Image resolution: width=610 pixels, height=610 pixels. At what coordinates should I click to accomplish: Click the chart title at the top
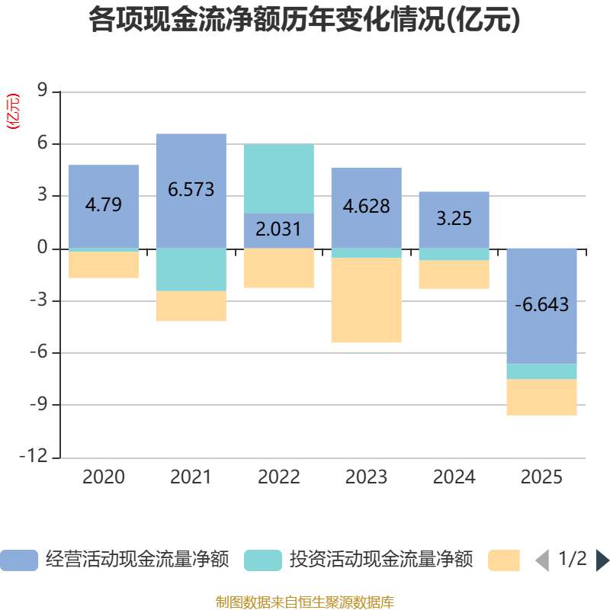(x=304, y=21)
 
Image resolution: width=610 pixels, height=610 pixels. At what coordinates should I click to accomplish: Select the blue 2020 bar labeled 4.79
(x=104, y=183)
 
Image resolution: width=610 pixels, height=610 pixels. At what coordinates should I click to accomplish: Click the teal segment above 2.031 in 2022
(x=279, y=178)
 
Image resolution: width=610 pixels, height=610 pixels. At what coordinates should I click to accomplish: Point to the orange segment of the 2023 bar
(x=367, y=300)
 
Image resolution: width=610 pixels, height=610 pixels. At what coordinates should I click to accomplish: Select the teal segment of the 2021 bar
(x=191, y=270)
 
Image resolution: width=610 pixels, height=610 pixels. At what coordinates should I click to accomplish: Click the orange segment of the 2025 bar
(x=542, y=397)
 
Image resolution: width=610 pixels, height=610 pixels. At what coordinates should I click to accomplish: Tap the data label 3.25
(x=454, y=219)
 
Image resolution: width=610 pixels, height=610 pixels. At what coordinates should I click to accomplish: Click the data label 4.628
(x=367, y=207)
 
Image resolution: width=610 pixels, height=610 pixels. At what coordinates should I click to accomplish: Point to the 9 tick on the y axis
(x=43, y=91)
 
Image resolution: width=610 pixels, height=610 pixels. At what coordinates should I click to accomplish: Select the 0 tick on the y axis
(x=43, y=249)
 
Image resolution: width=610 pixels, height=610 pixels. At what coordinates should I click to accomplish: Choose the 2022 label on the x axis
(x=279, y=477)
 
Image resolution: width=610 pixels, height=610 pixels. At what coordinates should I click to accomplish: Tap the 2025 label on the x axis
(x=542, y=477)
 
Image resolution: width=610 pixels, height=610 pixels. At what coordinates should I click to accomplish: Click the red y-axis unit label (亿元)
(x=13, y=111)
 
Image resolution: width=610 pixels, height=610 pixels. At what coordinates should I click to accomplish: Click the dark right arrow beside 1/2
(x=602, y=560)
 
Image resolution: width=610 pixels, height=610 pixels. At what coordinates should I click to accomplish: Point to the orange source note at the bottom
(x=304, y=602)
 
